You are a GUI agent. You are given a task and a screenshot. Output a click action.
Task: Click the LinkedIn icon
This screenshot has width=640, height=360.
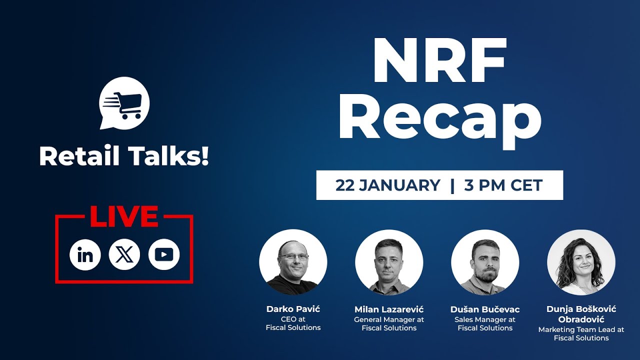pos(85,255)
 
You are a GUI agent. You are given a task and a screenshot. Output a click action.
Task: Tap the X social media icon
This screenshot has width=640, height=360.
pos(124,255)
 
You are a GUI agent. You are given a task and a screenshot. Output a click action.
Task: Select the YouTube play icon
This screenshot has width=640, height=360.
pos(163,255)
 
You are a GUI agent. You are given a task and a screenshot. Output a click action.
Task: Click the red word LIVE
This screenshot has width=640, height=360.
pos(124,216)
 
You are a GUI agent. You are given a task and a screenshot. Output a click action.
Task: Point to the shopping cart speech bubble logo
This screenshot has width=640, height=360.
pos(124,102)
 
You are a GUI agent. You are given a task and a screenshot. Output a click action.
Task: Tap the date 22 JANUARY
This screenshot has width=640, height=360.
pos(387,185)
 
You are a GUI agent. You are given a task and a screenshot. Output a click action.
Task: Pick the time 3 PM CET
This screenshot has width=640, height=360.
pos(503,185)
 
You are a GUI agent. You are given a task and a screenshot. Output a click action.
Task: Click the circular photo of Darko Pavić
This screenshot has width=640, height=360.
pos(293,263)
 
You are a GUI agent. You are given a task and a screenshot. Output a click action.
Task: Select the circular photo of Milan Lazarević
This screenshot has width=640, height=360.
pos(389,263)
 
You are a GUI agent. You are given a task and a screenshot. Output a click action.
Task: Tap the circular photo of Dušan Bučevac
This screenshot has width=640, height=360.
pos(485,263)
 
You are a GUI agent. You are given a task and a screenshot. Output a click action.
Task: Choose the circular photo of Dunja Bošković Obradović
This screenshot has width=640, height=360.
pos(581,263)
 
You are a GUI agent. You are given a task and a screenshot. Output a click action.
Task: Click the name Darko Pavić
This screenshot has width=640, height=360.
pos(293,309)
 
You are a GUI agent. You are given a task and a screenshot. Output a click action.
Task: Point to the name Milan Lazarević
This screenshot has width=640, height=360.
pos(389,309)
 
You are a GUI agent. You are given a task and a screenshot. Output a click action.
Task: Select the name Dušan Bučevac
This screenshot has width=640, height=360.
pos(485,309)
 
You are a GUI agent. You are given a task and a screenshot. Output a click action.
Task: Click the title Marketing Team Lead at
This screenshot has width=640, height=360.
pos(581,329)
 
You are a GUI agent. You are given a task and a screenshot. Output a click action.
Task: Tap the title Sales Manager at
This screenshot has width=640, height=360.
pos(485,319)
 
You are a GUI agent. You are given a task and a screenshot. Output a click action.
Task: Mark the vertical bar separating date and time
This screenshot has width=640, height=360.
pos(452,185)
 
